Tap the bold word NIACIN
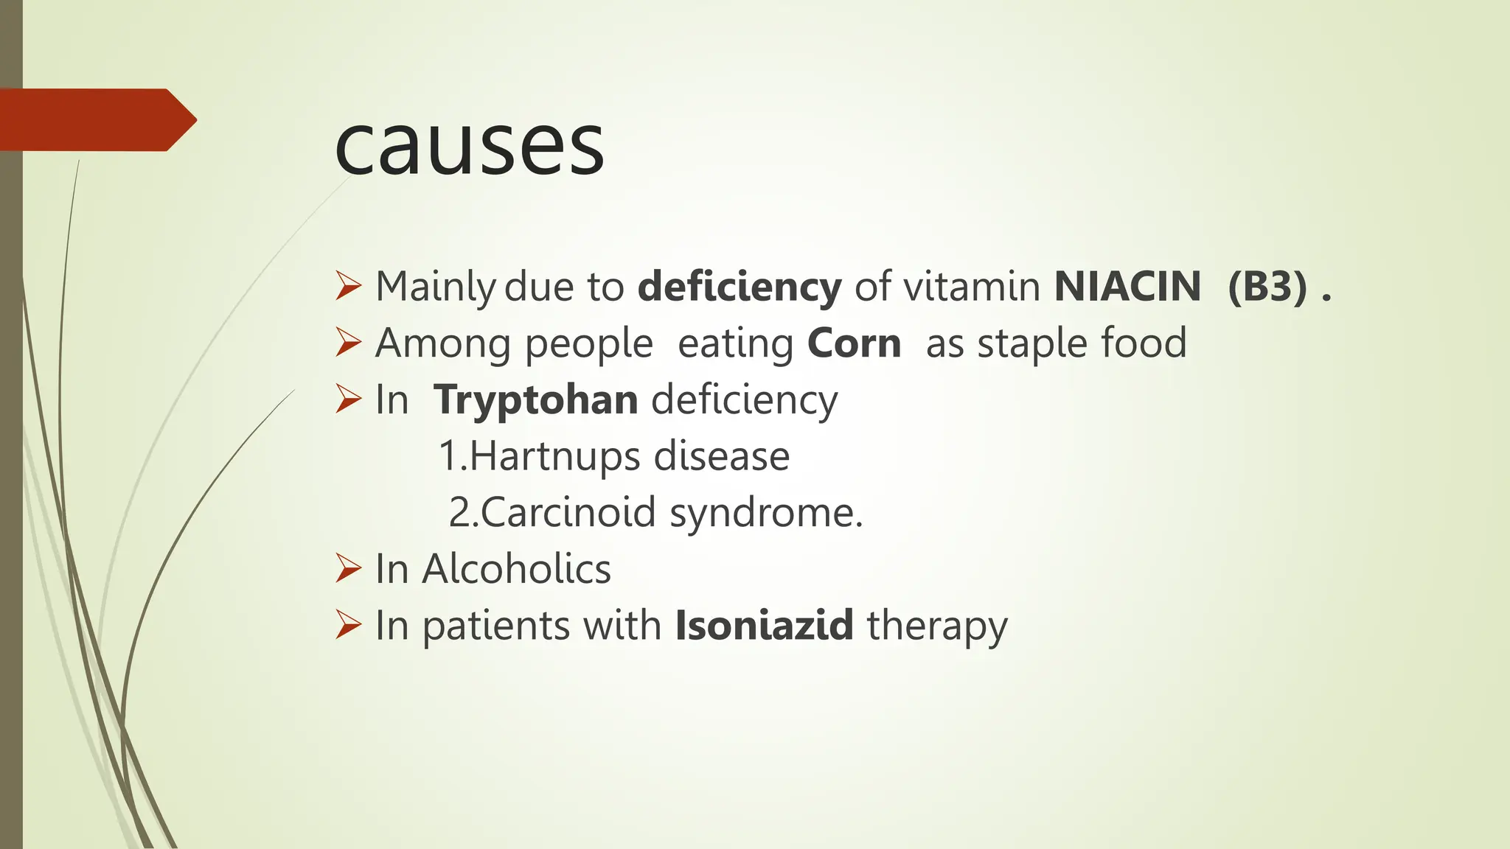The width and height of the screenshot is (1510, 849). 1127,286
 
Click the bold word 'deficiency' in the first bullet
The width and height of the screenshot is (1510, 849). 739,286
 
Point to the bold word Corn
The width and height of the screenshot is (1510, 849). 854,343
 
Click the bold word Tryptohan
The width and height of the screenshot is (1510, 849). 535,400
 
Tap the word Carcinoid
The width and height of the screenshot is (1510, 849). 568,512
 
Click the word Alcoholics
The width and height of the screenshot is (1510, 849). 516,569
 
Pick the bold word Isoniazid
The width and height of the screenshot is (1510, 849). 764,625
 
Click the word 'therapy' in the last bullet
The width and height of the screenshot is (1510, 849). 936,626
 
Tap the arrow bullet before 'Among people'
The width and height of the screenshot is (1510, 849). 348,343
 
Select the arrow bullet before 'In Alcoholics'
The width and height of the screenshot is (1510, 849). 348,568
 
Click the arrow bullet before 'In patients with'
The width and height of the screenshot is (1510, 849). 348,625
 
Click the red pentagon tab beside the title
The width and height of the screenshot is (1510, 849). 96,119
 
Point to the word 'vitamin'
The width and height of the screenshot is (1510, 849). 972,286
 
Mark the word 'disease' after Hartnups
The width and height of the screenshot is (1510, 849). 721,456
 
